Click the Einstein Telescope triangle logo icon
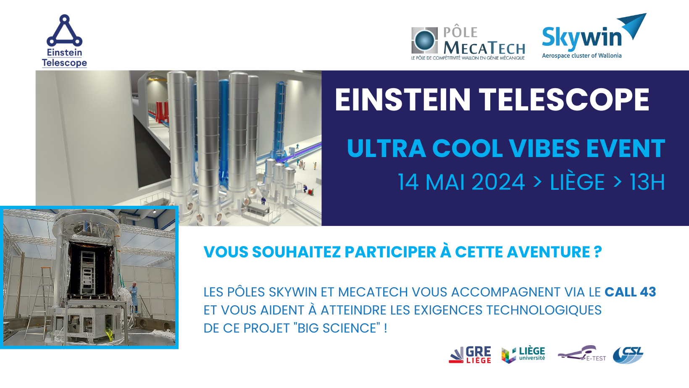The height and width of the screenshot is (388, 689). (x=65, y=31)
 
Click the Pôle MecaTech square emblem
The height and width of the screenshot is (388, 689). (x=424, y=40)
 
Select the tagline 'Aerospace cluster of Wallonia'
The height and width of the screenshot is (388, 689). (x=581, y=56)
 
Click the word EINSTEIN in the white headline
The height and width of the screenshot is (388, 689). (x=402, y=100)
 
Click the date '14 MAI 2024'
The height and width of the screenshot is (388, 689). (x=461, y=182)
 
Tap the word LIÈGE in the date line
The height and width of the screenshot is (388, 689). (x=577, y=182)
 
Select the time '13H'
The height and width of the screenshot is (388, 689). (x=647, y=182)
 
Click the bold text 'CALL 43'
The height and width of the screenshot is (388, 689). (x=630, y=292)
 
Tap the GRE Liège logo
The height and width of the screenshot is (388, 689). (x=470, y=355)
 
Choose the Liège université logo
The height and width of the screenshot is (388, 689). (x=523, y=355)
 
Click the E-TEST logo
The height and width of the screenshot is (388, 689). (x=581, y=354)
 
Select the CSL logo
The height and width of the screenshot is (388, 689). (x=628, y=355)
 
